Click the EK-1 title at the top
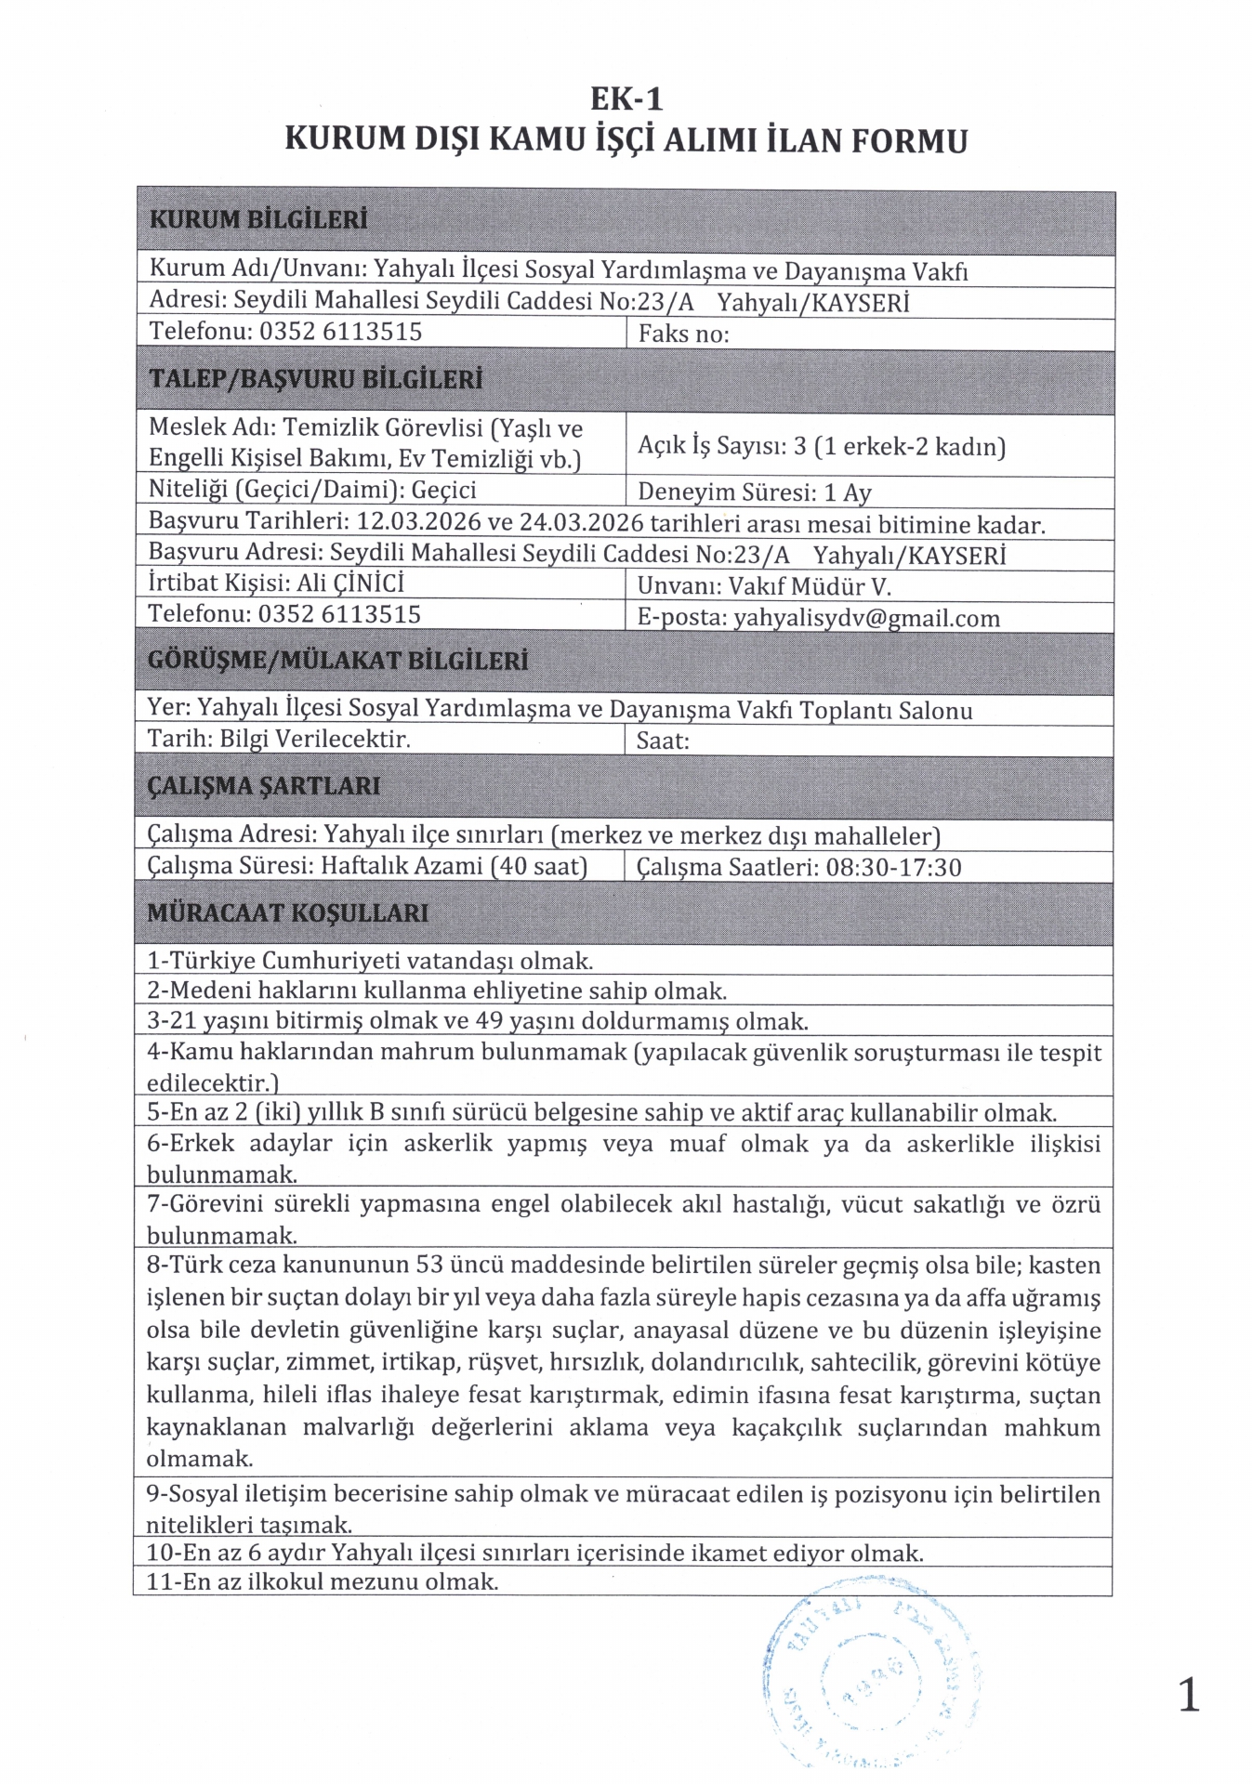tap(626, 98)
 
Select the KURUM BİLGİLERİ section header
tap(258, 220)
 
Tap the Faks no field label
tap(683, 334)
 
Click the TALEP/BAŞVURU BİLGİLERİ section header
tap(316, 380)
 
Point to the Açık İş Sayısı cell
tap(822, 447)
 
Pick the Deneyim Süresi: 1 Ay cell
tap(754, 492)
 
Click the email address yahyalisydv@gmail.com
tap(866, 619)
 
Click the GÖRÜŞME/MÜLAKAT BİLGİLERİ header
tap(337, 661)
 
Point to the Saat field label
tap(663, 741)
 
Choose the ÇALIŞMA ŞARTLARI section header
tap(264, 786)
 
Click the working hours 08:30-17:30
tap(893, 868)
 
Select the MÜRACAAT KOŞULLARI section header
tap(288, 913)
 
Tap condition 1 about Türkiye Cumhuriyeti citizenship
tap(370, 961)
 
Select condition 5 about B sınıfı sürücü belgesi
tap(601, 1112)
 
